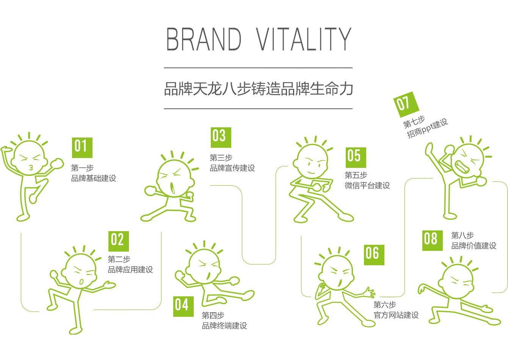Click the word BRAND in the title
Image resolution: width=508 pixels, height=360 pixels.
[204, 39]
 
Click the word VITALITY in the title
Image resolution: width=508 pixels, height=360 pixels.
[304, 39]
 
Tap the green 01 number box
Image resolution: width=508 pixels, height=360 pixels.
[82, 147]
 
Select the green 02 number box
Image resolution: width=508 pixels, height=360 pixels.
[118, 241]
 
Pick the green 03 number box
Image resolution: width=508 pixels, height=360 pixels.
[221, 138]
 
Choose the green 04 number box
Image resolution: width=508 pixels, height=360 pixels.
[183, 306]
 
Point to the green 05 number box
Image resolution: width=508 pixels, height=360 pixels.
[356, 158]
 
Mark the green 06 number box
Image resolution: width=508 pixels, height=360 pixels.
[374, 255]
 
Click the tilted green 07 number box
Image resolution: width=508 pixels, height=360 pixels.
[406, 105]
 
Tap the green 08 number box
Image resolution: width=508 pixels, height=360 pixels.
[432, 241]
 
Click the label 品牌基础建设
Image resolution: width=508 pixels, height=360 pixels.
[93, 178]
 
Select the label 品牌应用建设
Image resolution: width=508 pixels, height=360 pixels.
[130, 269]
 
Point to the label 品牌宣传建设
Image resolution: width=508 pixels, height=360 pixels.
[232, 168]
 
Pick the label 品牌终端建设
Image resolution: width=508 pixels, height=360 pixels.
[224, 326]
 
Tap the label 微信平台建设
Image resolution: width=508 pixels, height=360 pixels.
[367, 185]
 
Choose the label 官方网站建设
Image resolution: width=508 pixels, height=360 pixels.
[396, 315]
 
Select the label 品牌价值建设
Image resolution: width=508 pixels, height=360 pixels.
[474, 246]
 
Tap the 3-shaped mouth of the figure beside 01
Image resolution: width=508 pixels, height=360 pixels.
[31, 167]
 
